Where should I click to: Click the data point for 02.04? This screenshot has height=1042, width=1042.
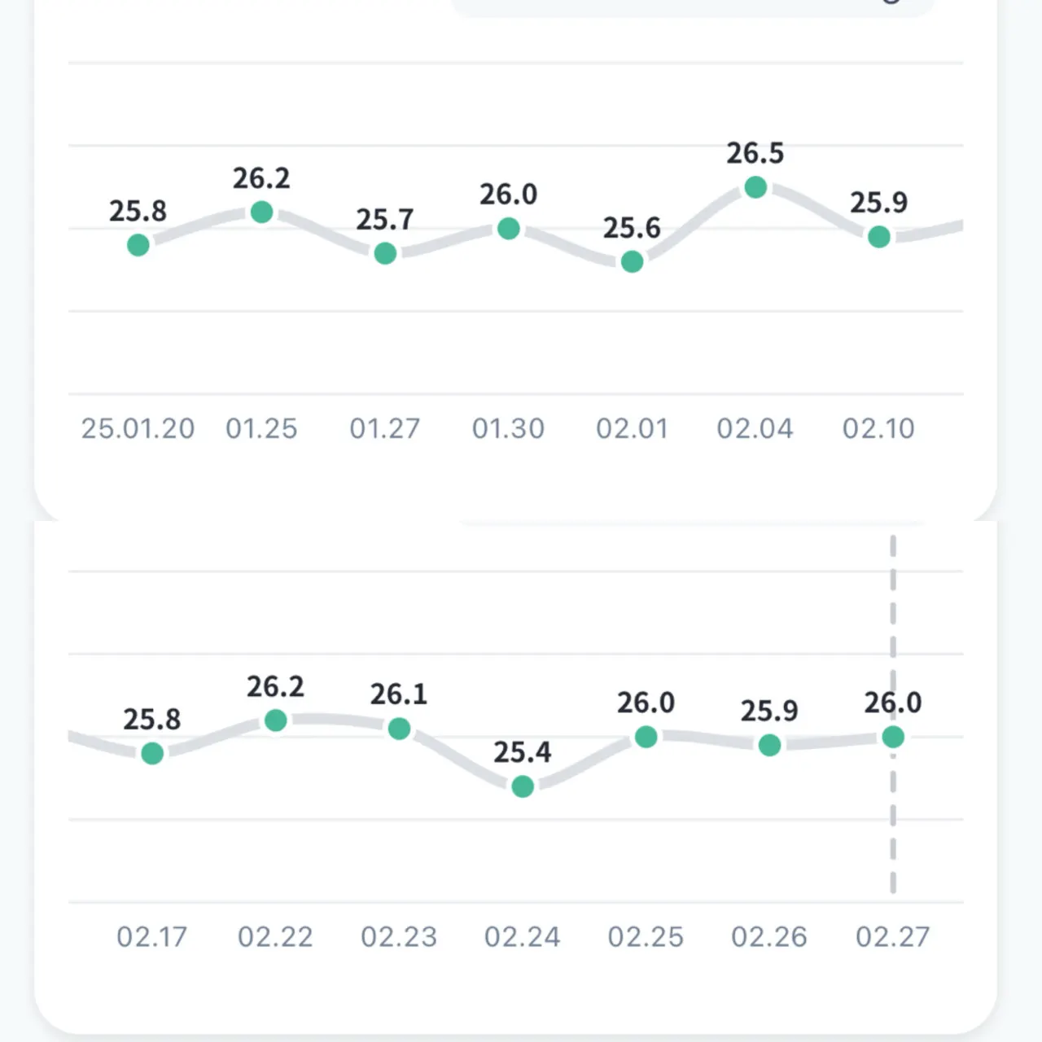tap(755, 187)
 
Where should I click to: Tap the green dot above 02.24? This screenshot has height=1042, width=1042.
tap(523, 786)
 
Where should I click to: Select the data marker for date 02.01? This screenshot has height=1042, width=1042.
tap(632, 261)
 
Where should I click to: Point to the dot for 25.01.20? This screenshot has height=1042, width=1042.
tap(138, 244)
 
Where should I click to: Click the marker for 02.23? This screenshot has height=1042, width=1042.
tap(399, 729)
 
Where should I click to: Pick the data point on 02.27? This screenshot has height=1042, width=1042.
tap(893, 737)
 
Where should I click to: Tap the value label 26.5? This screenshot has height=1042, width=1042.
tap(755, 153)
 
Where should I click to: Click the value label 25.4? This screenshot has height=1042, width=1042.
tap(523, 752)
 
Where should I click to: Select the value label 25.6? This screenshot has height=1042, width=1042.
tap(632, 228)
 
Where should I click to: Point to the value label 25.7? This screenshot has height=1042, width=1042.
tap(385, 220)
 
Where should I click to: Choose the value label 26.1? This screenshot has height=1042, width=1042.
tap(399, 694)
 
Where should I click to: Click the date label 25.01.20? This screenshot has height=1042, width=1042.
tap(138, 428)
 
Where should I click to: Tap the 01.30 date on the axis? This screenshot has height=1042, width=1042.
tap(508, 428)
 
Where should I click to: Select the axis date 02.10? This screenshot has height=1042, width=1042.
tap(878, 428)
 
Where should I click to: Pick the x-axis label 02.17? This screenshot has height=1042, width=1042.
tap(151, 937)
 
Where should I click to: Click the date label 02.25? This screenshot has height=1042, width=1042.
tap(646, 937)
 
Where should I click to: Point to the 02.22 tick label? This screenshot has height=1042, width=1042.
tap(275, 937)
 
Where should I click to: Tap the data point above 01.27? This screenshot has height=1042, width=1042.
tap(385, 253)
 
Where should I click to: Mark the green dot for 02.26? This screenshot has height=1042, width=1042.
tap(769, 745)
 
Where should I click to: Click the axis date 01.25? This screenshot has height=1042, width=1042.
tap(261, 428)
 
